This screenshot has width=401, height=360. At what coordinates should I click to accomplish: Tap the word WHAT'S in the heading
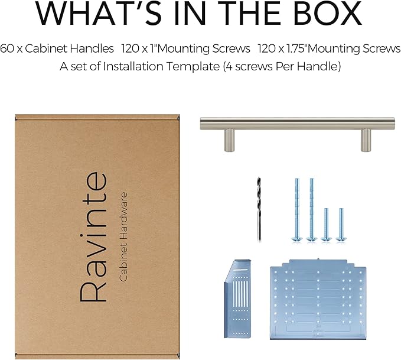99,13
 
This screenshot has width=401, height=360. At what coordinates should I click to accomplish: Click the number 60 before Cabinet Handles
7,48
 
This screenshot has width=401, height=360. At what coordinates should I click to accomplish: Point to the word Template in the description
193,67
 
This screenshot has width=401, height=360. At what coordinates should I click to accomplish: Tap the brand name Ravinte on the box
93,237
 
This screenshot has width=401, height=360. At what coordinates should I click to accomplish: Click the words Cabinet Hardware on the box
123,237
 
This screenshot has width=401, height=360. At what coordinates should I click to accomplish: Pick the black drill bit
259,209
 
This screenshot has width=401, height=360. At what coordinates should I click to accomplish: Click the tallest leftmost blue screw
297,210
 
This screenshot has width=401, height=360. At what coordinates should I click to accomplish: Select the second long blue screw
312,210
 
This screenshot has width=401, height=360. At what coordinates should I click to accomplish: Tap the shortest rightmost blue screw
341,225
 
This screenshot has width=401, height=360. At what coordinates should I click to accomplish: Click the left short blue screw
327,225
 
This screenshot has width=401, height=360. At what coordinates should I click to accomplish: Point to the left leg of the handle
229,140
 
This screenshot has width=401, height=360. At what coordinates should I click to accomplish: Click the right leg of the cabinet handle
366,140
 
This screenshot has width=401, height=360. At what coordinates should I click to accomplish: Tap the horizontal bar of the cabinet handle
298,124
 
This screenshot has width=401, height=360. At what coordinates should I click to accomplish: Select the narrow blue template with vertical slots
238,299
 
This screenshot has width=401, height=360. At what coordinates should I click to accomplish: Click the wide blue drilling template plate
318,299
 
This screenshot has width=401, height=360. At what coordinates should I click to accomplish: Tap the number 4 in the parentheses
229,67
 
